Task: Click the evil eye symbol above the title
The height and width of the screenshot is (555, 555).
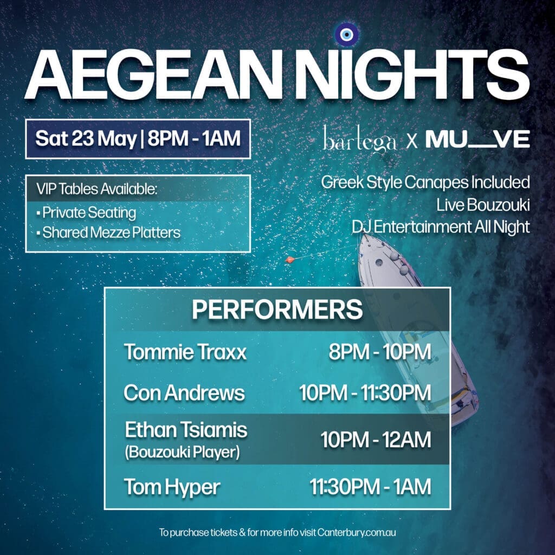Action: tap(346, 35)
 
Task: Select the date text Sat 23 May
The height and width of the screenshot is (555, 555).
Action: tap(86, 138)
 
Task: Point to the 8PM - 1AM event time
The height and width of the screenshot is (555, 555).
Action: tap(194, 138)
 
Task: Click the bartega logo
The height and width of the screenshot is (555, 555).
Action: tap(359, 139)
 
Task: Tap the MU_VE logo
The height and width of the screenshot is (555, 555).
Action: tap(477, 139)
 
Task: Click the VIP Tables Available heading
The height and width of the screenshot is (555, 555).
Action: tap(96, 189)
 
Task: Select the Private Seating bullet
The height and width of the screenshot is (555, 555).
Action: tap(86, 212)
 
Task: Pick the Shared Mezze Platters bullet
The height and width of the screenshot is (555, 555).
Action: tap(108, 233)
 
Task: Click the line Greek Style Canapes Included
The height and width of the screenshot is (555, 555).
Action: tap(425, 183)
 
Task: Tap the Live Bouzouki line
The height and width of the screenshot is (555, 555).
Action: tap(483, 205)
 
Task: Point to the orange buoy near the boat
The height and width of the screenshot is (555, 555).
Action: tap(290, 260)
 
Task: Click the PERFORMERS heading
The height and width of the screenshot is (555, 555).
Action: tap(277, 309)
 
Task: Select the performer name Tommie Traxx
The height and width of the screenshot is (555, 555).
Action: tap(185, 352)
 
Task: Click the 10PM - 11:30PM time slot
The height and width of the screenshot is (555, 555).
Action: tap(365, 393)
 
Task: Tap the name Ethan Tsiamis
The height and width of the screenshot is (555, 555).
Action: tap(186, 430)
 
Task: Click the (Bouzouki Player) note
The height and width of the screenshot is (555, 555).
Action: tap(182, 453)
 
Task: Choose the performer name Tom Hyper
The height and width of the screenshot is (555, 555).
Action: tap(172, 487)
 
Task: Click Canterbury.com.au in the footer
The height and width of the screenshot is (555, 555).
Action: tap(357, 532)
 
